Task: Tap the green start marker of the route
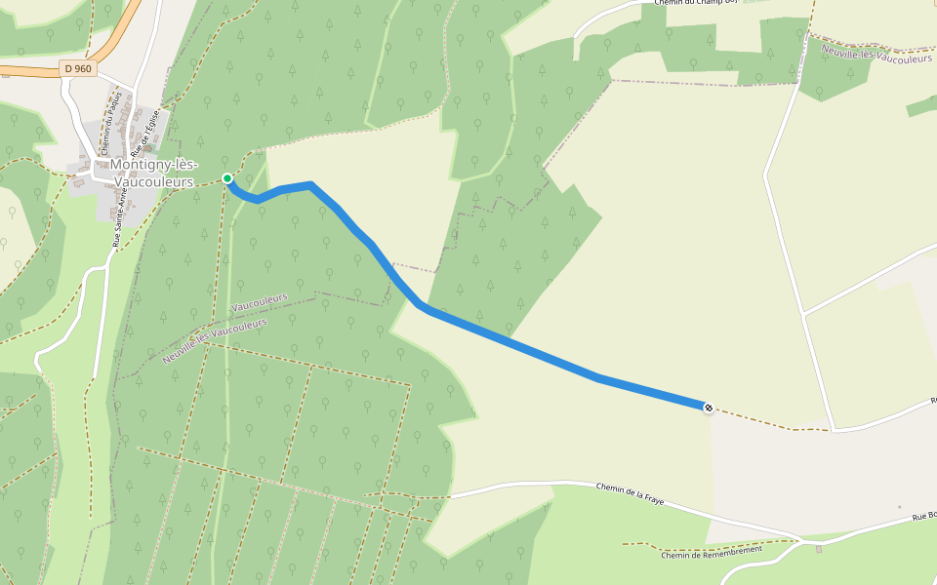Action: (x=227, y=178)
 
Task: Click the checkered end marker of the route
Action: (x=709, y=408)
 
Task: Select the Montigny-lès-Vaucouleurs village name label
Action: (x=154, y=174)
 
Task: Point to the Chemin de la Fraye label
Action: (x=629, y=493)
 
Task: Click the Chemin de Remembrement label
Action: (x=711, y=551)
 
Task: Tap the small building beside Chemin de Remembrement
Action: (x=819, y=549)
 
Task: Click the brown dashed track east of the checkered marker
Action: (x=771, y=422)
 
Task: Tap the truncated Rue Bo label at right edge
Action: (x=924, y=516)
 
